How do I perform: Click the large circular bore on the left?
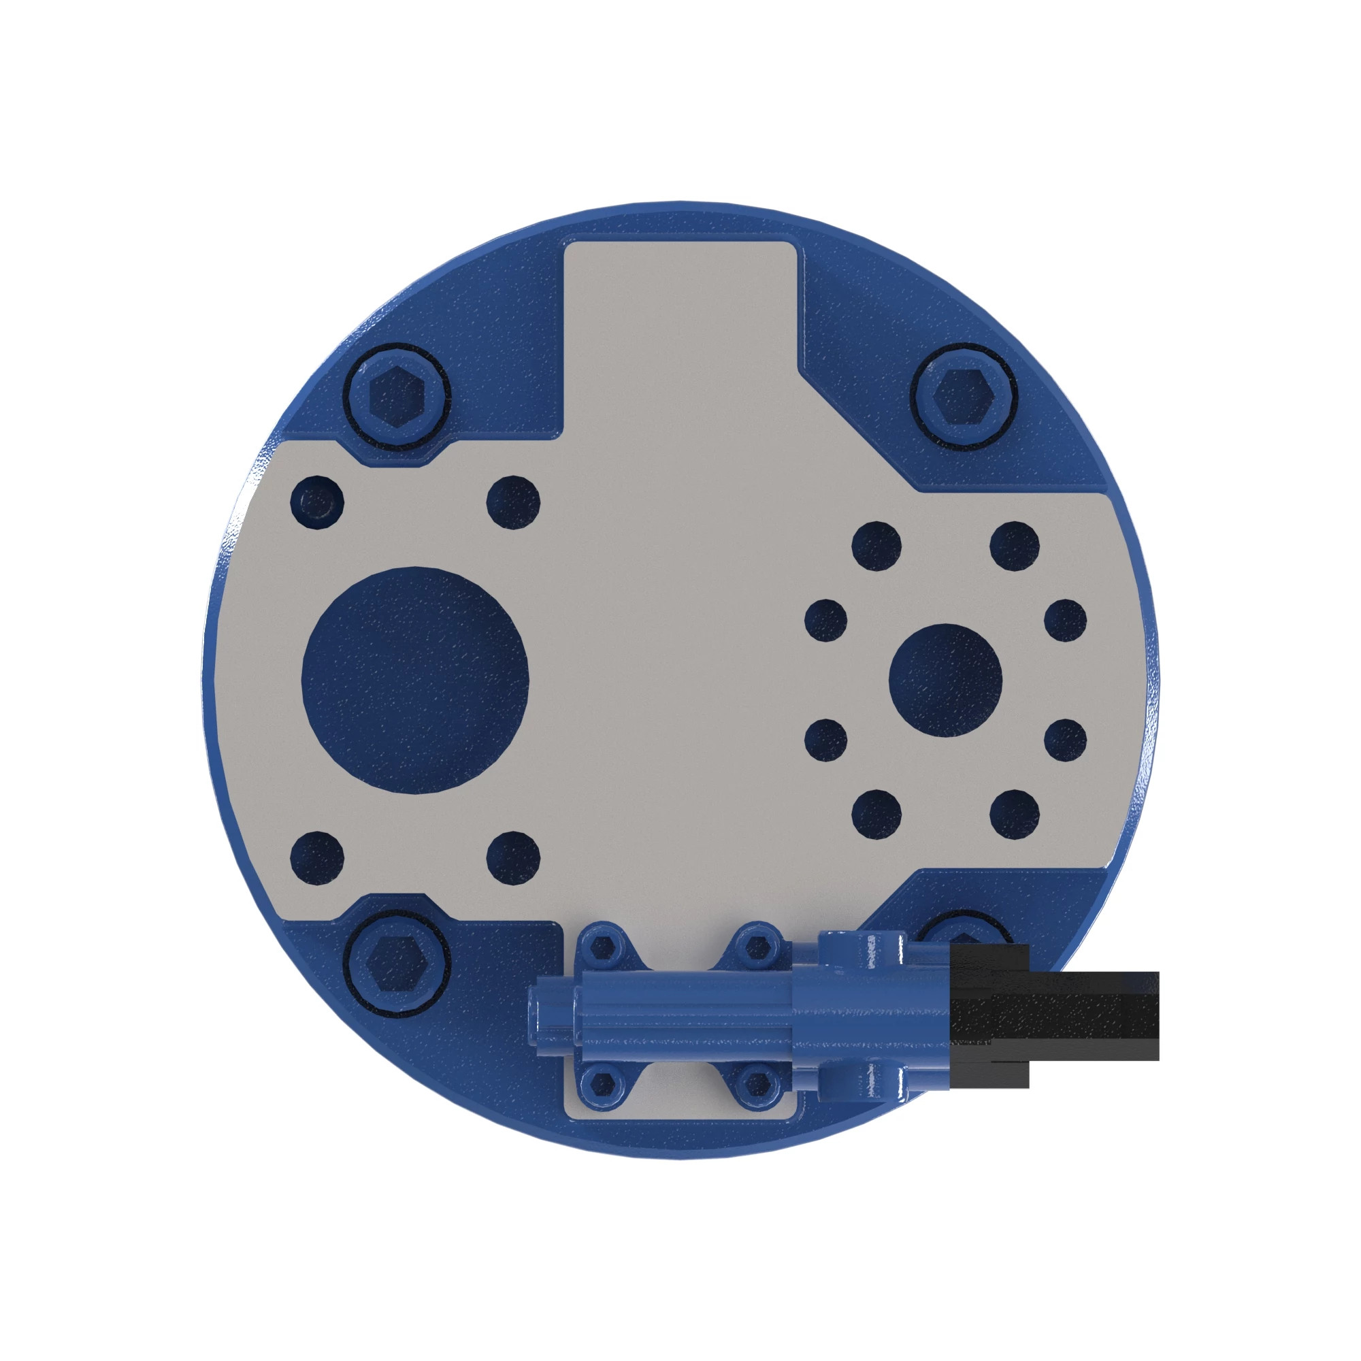415,679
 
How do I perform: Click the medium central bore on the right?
945,680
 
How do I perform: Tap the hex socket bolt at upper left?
398,395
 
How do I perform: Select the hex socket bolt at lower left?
398,963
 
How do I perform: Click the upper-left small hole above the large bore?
317,503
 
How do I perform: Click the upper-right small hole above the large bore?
514,503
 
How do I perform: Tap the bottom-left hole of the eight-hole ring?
876,815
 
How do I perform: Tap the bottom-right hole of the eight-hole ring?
1015,815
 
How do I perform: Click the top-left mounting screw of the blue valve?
603,947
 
